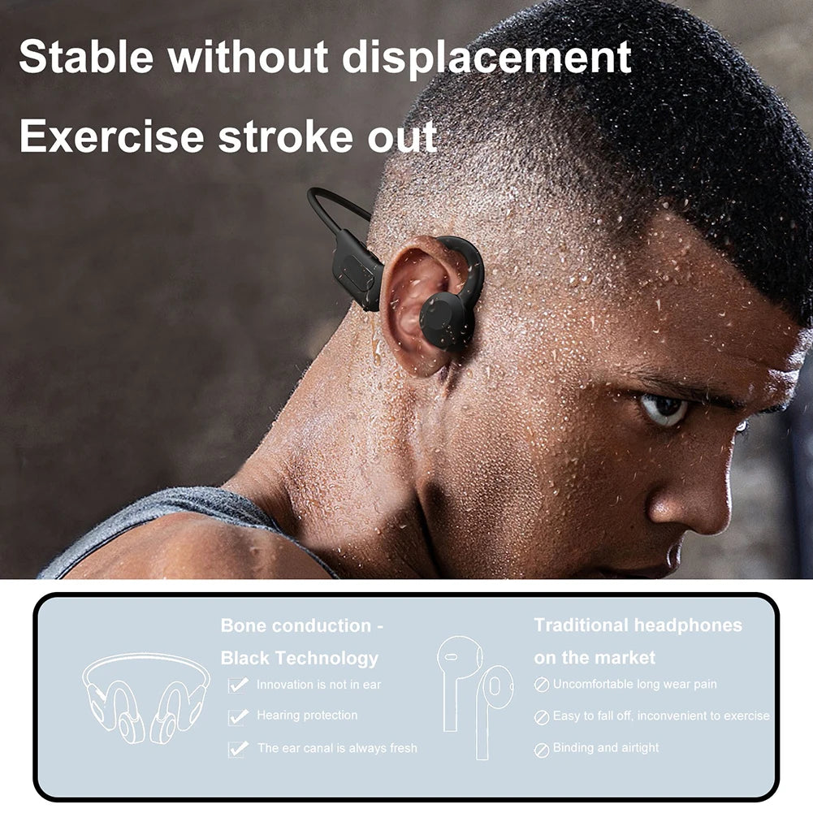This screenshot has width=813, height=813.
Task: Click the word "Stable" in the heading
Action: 86,56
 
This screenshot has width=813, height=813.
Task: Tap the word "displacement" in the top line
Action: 487,58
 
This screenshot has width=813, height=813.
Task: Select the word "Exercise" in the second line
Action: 112,136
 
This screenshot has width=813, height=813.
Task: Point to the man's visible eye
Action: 664,408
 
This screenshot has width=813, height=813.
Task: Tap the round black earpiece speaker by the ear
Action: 446,320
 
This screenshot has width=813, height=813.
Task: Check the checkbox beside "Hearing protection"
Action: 238,716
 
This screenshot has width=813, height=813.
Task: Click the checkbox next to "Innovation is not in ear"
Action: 238,685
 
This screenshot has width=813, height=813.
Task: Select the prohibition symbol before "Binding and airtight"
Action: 541,750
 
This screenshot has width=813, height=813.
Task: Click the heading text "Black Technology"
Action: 299,658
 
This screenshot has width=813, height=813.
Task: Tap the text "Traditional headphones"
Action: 638,625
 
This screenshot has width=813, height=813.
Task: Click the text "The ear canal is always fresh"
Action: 337,748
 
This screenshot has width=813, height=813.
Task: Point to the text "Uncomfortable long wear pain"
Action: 634,684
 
